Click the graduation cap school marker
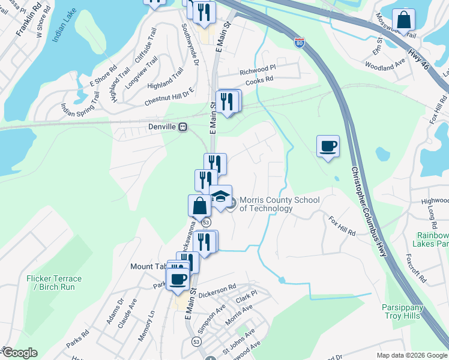click(x=221, y=197)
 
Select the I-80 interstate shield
click(x=300, y=43)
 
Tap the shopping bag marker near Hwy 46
click(x=404, y=20)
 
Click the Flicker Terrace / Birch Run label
click(x=54, y=283)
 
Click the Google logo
click(x=19, y=353)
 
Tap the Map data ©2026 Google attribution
click(x=411, y=355)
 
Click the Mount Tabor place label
click(x=148, y=266)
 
